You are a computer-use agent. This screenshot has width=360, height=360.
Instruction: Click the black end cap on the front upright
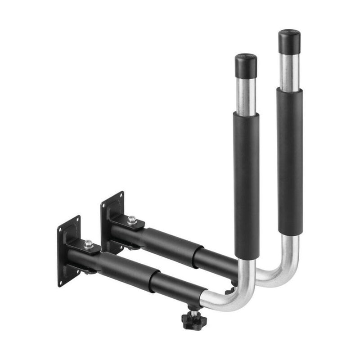(x=246, y=66)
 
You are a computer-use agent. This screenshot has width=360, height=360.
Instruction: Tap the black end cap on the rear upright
(x=289, y=41)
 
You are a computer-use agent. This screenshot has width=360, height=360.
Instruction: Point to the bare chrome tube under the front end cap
(x=246, y=96)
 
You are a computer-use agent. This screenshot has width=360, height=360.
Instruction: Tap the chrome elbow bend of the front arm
(x=238, y=297)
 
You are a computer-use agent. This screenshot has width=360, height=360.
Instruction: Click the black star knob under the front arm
(x=194, y=321)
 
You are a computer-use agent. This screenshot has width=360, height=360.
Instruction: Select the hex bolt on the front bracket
(x=89, y=244)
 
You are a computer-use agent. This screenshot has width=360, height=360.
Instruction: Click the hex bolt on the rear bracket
(x=132, y=220)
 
